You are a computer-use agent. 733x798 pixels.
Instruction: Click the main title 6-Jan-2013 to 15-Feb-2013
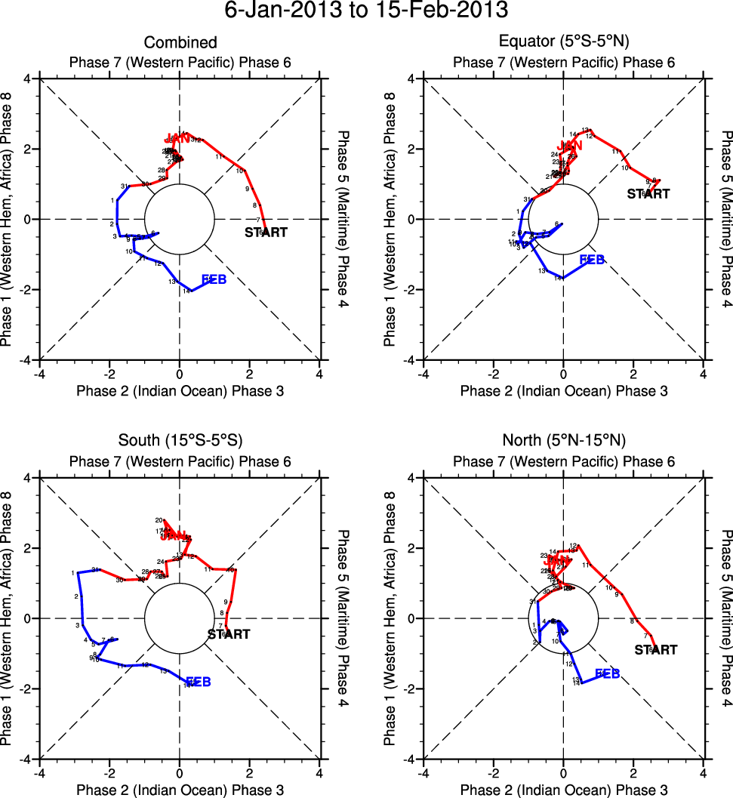[366, 11]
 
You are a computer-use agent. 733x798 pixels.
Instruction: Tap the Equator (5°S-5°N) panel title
[563, 43]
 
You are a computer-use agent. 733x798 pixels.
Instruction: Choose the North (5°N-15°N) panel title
[563, 441]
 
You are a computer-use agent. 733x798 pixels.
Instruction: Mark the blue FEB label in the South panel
[198, 682]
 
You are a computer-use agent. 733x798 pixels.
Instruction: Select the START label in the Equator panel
[648, 194]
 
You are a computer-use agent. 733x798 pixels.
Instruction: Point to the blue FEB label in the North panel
[608, 673]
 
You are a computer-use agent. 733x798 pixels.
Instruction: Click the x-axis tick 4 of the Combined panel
[319, 374]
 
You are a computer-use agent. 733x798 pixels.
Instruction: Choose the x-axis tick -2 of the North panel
[493, 773]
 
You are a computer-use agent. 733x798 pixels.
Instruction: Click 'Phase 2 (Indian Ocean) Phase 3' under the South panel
[180, 790]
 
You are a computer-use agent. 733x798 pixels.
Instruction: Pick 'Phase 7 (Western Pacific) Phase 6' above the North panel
[563, 461]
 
